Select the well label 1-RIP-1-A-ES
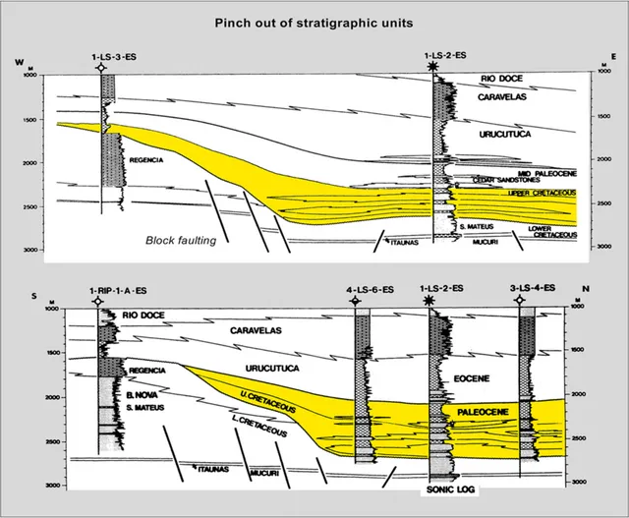(97, 288)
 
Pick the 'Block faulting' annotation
(180, 240)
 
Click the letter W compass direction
(19, 63)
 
